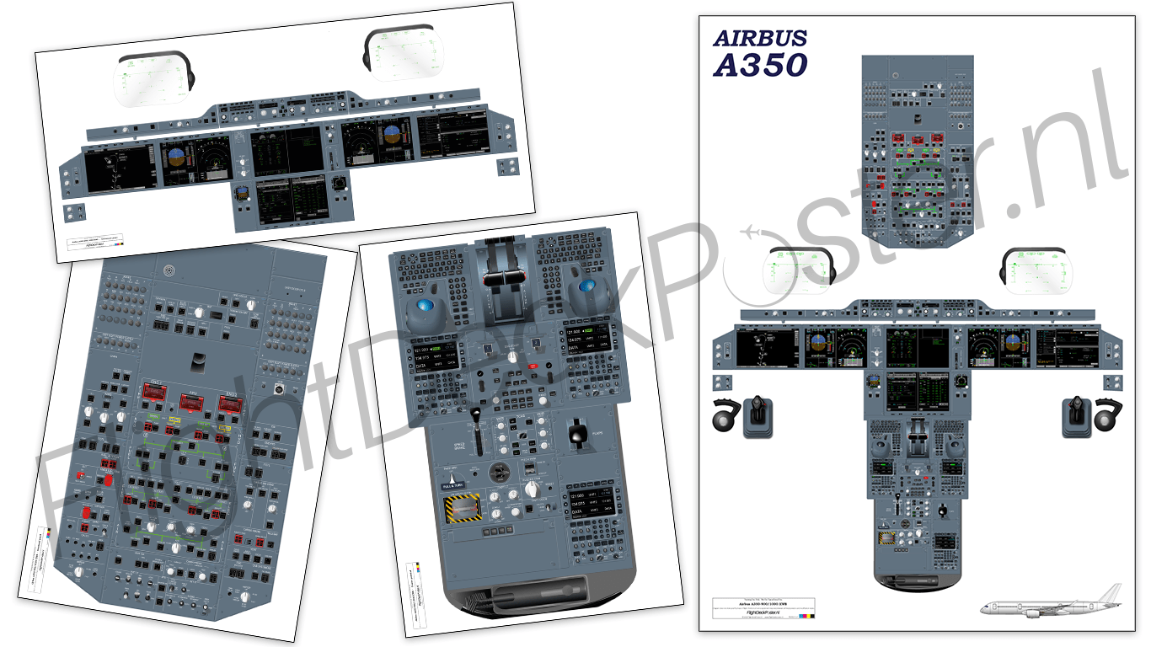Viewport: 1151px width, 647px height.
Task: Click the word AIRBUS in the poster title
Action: point(760,38)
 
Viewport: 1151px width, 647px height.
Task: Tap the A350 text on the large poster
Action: point(760,65)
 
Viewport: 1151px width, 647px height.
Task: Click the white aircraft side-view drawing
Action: point(1053,602)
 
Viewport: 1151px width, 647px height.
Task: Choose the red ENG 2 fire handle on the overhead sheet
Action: point(229,404)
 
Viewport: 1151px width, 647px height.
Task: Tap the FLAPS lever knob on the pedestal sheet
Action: point(576,433)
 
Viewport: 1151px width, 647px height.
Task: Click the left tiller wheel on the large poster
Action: point(724,418)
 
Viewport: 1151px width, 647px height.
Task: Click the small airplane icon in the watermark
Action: point(751,233)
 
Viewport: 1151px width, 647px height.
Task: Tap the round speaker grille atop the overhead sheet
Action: point(169,271)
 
